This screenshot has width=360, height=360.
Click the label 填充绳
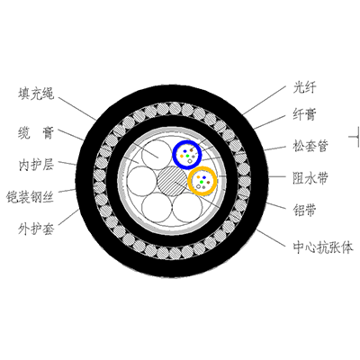click(36, 94)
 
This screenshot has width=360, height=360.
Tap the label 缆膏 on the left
click(36, 133)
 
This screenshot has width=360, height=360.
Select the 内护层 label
click(36, 165)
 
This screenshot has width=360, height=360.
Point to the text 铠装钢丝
click(30, 197)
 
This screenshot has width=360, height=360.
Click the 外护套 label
click(36, 229)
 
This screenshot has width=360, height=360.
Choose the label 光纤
click(304, 88)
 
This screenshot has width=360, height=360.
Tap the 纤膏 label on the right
click(304, 114)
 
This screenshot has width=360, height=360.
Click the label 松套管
click(310, 146)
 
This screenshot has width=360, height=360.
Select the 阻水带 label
click(310, 178)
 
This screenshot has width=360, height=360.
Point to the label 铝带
click(304, 211)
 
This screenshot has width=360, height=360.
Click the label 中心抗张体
click(323, 247)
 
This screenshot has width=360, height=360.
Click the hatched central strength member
click(172, 181)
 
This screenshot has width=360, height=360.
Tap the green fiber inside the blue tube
click(187, 156)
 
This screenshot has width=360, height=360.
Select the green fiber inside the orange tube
click(202, 182)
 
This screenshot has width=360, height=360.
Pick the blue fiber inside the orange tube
click(204, 177)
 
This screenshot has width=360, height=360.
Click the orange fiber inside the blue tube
click(182, 156)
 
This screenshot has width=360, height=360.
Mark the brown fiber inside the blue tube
click(192, 149)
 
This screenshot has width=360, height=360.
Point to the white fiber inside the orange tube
click(198, 186)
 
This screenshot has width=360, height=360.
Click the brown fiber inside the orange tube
click(208, 182)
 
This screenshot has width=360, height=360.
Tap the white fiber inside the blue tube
click(190, 161)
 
